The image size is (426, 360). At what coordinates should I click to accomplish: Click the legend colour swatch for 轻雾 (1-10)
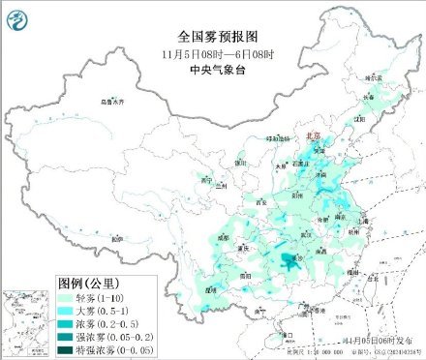pyautogui.click(x=68, y=298)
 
